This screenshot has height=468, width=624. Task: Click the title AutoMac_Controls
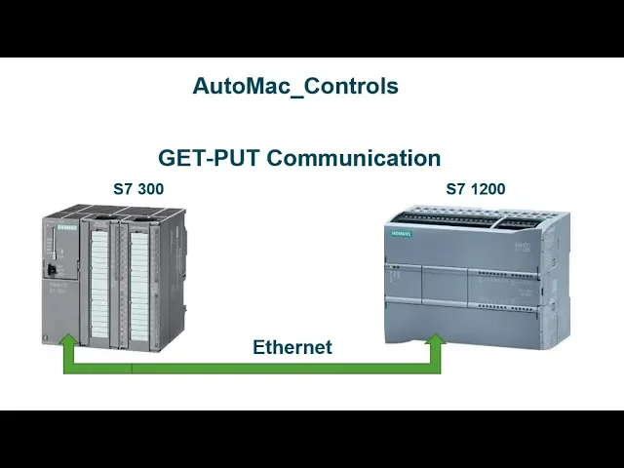click(x=295, y=86)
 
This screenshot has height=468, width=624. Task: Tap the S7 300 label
click(x=138, y=189)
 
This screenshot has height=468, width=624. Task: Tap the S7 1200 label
click(x=476, y=189)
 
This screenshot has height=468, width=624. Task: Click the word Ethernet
click(x=292, y=347)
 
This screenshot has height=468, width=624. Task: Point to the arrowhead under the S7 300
click(x=68, y=341)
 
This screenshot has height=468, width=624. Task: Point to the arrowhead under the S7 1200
click(x=435, y=341)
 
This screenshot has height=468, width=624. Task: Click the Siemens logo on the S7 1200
click(x=402, y=235)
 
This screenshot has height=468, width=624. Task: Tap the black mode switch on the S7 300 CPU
click(x=52, y=267)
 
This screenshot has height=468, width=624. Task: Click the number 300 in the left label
click(x=150, y=189)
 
